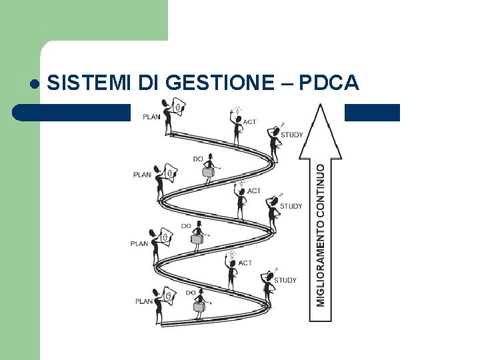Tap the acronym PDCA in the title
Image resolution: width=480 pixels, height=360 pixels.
click(329, 83)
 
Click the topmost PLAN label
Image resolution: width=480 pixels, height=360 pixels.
click(151, 117)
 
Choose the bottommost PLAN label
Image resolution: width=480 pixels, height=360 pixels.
click(144, 301)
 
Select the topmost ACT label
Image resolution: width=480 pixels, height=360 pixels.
click(250, 122)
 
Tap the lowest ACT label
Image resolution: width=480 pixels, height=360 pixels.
click(245, 263)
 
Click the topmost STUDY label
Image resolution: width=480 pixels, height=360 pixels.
click(292, 135)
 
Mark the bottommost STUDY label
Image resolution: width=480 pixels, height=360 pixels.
click(285, 280)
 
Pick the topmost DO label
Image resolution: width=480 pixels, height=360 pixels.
click(198, 159)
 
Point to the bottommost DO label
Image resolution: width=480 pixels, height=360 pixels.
click(191, 293)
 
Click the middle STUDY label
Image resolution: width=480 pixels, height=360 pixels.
click(291, 206)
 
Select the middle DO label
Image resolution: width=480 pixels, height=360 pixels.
click(186, 226)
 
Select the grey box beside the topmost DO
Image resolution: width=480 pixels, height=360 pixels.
click(209, 172)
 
